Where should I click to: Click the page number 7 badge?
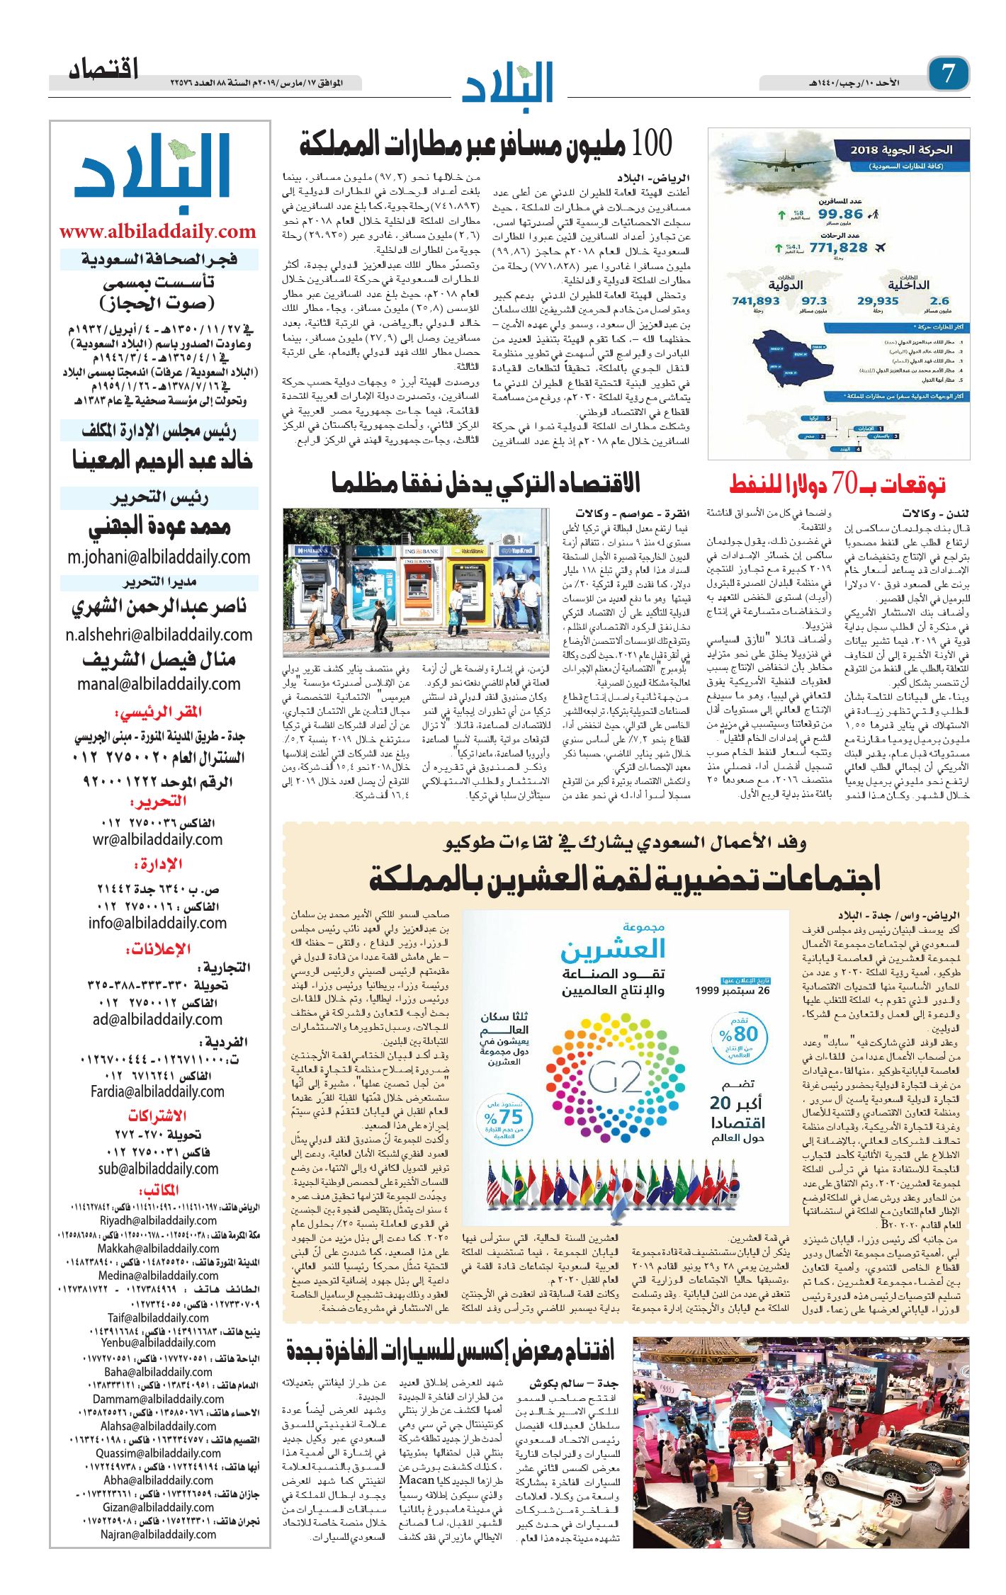tap(948, 74)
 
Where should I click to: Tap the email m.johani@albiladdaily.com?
tap(159, 557)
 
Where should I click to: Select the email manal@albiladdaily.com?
tap(159, 684)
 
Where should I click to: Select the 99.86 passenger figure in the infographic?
tap(840, 214)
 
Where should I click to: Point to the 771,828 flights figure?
tap(838, 248)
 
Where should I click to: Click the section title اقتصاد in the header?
tap(103, 70)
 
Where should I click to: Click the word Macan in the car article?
tap(417, 1480)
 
